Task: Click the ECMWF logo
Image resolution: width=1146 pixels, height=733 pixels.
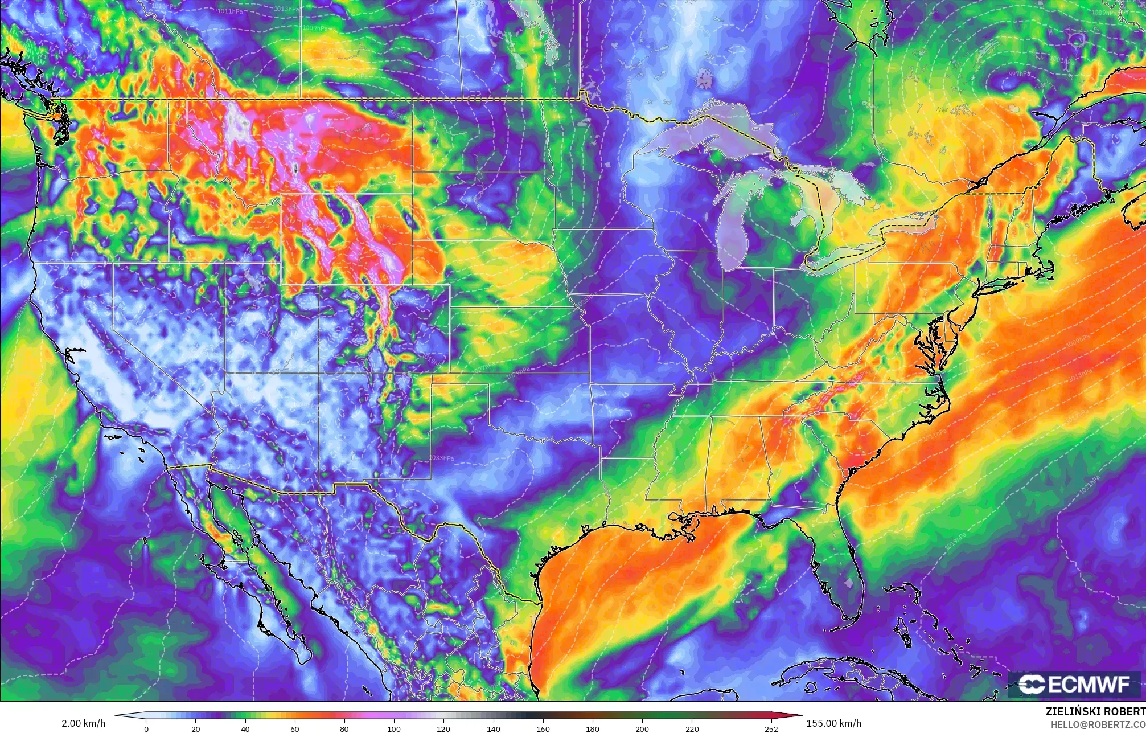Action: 1075,685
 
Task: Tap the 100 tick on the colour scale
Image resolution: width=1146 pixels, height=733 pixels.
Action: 394,728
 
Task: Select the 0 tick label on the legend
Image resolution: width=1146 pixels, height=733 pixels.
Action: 146,728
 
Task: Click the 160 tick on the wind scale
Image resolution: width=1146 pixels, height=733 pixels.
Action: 543,728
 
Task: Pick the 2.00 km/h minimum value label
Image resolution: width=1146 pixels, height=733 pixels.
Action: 83,723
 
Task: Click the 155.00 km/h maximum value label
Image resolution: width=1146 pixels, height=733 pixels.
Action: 833,723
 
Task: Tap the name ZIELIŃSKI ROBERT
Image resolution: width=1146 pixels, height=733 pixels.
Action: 1095,711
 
